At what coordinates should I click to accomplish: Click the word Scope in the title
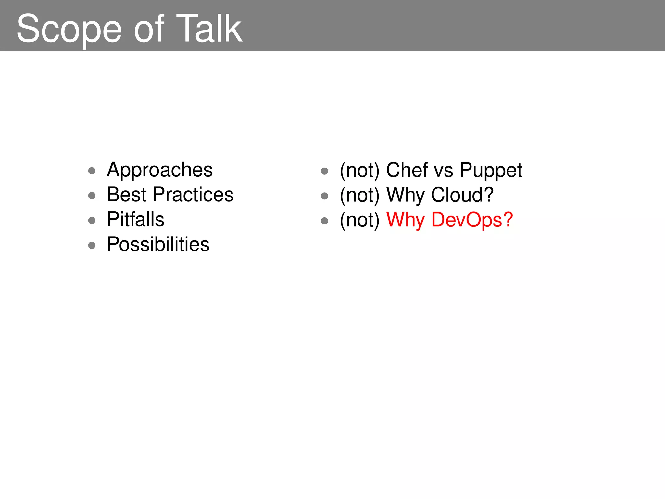pyautogui.click(x=69, y=29)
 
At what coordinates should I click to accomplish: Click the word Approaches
pyautogui.click(x=160, y=170)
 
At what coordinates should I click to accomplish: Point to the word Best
pyautogui.click(x=127, y=195)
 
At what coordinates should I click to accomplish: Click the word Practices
pyautogui.click(x=193, y=195)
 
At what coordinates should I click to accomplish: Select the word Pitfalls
pyautogui.click(x=136, y=219)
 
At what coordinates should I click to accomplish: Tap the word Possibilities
pyautogui.click(x=158, y=244)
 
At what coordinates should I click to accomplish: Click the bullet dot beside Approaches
pyautogui.click(x=92, y=171)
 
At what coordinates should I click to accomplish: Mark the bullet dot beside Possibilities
pyautogui.click(x=92, y=245)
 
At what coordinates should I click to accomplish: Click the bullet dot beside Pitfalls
pyautogui.click(x=92, y=221)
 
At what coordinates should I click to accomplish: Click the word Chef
pyautogui.click(x=407, y=170)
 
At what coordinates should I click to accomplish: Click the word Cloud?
pyautogui.click(x=462, y=195)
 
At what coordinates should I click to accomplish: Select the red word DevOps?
pyautogui.click(x=472, y=220)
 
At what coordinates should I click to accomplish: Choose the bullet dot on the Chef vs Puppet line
pyautogui.click(x=324, y=171)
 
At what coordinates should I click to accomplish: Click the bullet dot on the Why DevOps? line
pyautogui.click(x=324, y=221)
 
